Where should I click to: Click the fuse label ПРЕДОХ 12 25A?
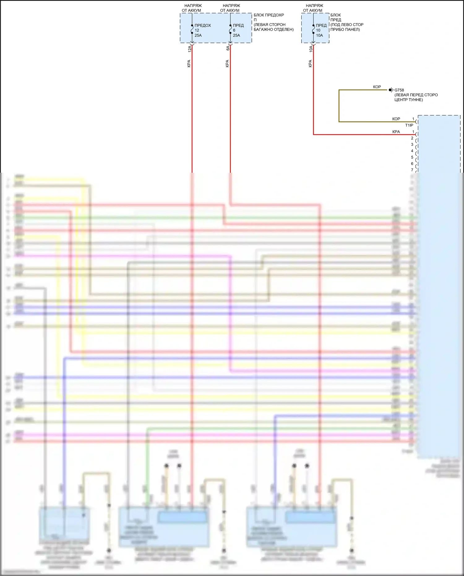point(202,30)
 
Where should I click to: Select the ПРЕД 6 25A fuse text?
point(238,30)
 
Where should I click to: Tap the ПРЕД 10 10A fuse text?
point(321,30)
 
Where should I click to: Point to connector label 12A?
point(190,49)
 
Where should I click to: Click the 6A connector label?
point(228,48)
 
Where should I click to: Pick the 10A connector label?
point(311,49)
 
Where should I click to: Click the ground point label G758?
point(399,90)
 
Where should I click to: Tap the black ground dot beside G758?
point(390,90)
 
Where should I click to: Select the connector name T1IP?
point(409,125)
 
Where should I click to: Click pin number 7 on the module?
point(412,170)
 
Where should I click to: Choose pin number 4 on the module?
point(412,151)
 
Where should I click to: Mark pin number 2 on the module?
point(412,138)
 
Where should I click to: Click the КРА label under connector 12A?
point(189,63)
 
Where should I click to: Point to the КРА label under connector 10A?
point(310,63)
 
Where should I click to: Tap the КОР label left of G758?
point(377,87)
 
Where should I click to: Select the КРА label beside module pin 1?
point(396,132)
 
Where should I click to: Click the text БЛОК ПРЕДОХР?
point(269,15)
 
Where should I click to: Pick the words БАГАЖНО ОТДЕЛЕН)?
point(273,29)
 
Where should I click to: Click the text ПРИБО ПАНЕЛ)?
point(345,29)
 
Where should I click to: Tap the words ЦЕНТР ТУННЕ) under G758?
point(408,100)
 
